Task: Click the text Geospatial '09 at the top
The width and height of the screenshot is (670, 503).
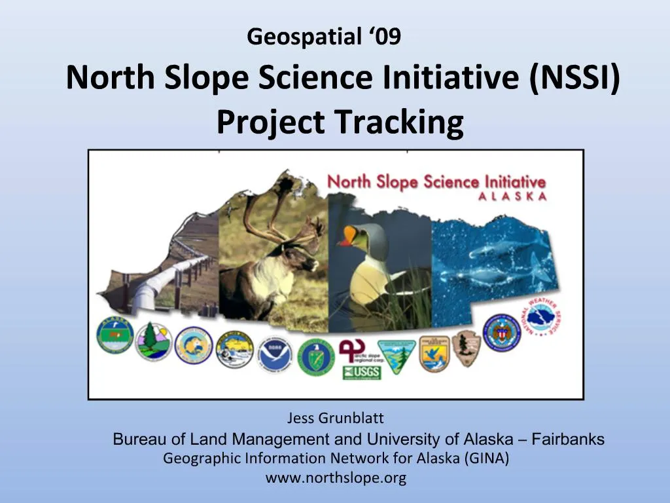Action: click(324, 38)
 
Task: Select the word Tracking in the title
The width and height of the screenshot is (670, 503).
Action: click(398, 122)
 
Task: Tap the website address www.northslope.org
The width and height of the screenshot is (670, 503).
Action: click(336, 478)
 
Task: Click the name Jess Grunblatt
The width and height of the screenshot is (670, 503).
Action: click(336, 418)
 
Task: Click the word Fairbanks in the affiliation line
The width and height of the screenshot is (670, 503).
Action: click(568, 439)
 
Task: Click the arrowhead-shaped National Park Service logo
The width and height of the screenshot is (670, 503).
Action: click(467, 348)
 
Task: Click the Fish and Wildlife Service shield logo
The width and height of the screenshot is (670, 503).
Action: click(434, 353)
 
